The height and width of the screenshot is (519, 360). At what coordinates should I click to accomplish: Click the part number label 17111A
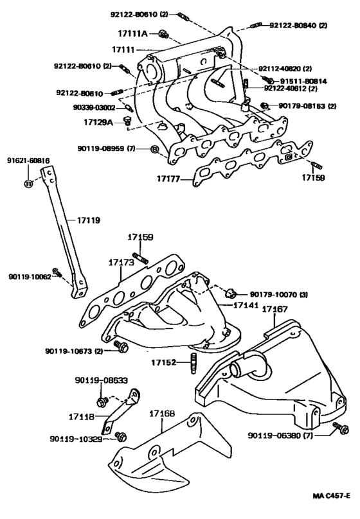[134, 33]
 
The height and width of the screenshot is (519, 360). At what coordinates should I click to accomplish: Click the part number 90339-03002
[97, 108]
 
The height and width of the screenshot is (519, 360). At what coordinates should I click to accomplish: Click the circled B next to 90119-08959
[154, 150]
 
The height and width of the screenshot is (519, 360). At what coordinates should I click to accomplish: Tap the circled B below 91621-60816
[28, 184]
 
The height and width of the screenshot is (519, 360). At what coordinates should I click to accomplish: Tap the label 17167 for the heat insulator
[274, 310]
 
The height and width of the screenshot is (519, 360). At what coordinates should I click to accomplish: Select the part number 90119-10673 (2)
[74, 351]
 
